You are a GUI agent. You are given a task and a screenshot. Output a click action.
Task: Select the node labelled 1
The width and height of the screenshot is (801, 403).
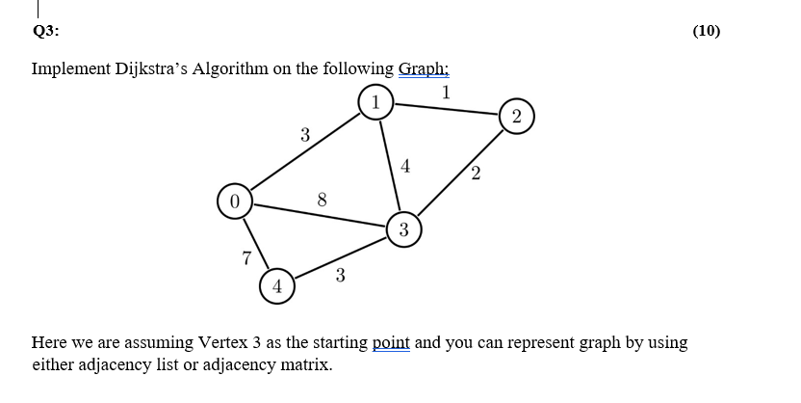click(375, 101)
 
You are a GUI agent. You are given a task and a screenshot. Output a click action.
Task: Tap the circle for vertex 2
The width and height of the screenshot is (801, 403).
click(517, 118)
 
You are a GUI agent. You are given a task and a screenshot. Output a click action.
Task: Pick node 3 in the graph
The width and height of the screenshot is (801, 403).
click(403, 229)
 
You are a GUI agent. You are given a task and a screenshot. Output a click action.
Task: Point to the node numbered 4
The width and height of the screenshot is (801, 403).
click(276, 285)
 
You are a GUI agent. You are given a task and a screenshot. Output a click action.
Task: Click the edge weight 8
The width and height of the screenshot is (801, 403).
click(323, 200)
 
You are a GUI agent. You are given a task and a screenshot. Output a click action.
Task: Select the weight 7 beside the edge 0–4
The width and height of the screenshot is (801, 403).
click(247, 257)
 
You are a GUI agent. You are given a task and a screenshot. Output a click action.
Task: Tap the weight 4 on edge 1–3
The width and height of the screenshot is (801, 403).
click(405, 165)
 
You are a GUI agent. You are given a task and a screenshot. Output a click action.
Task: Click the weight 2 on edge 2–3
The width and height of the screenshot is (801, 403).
click(476, 175)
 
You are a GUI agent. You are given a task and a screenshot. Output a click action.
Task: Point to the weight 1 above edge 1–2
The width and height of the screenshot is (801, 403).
click(445, 93)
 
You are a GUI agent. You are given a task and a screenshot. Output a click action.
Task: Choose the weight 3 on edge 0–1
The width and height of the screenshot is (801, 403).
click(304, 135)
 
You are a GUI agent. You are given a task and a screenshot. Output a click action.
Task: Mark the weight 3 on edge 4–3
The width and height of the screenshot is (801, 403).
click(341, 276)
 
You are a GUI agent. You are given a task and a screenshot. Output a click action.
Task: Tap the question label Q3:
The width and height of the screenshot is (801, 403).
click(45, 30)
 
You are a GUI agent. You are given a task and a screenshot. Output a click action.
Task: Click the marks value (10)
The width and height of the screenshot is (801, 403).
click(706, 30)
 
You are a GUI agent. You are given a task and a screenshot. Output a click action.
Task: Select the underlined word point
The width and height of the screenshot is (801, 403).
click(390, 342)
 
